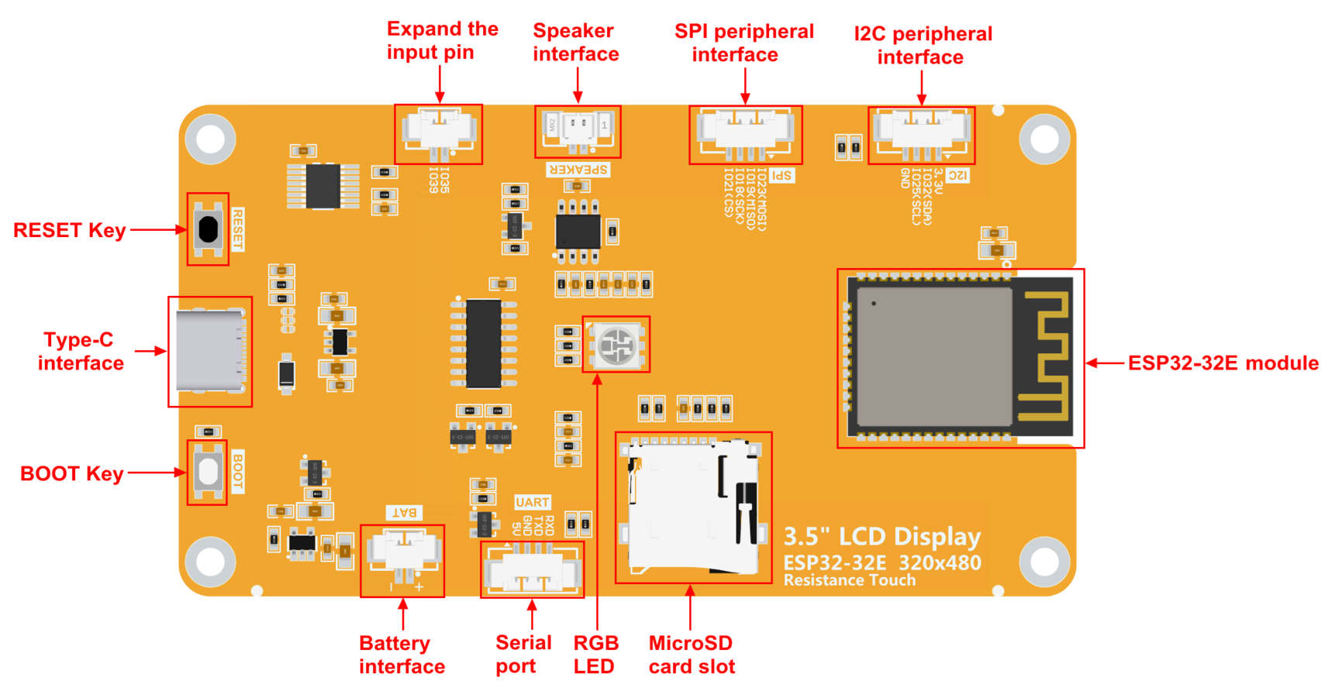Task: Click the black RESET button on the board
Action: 208,229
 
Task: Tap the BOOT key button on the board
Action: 207,473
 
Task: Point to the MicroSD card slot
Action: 692,507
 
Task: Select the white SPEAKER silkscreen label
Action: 578,170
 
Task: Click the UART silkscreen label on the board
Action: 532,502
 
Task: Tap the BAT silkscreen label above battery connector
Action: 404,513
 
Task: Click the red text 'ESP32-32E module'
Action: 1223,363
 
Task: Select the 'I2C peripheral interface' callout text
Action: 922,45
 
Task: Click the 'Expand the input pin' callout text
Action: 442,40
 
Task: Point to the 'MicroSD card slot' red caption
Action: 692,655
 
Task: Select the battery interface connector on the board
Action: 402,555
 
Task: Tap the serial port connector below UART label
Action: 532,572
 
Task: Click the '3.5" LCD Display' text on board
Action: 881,537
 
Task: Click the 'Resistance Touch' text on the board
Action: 849,580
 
